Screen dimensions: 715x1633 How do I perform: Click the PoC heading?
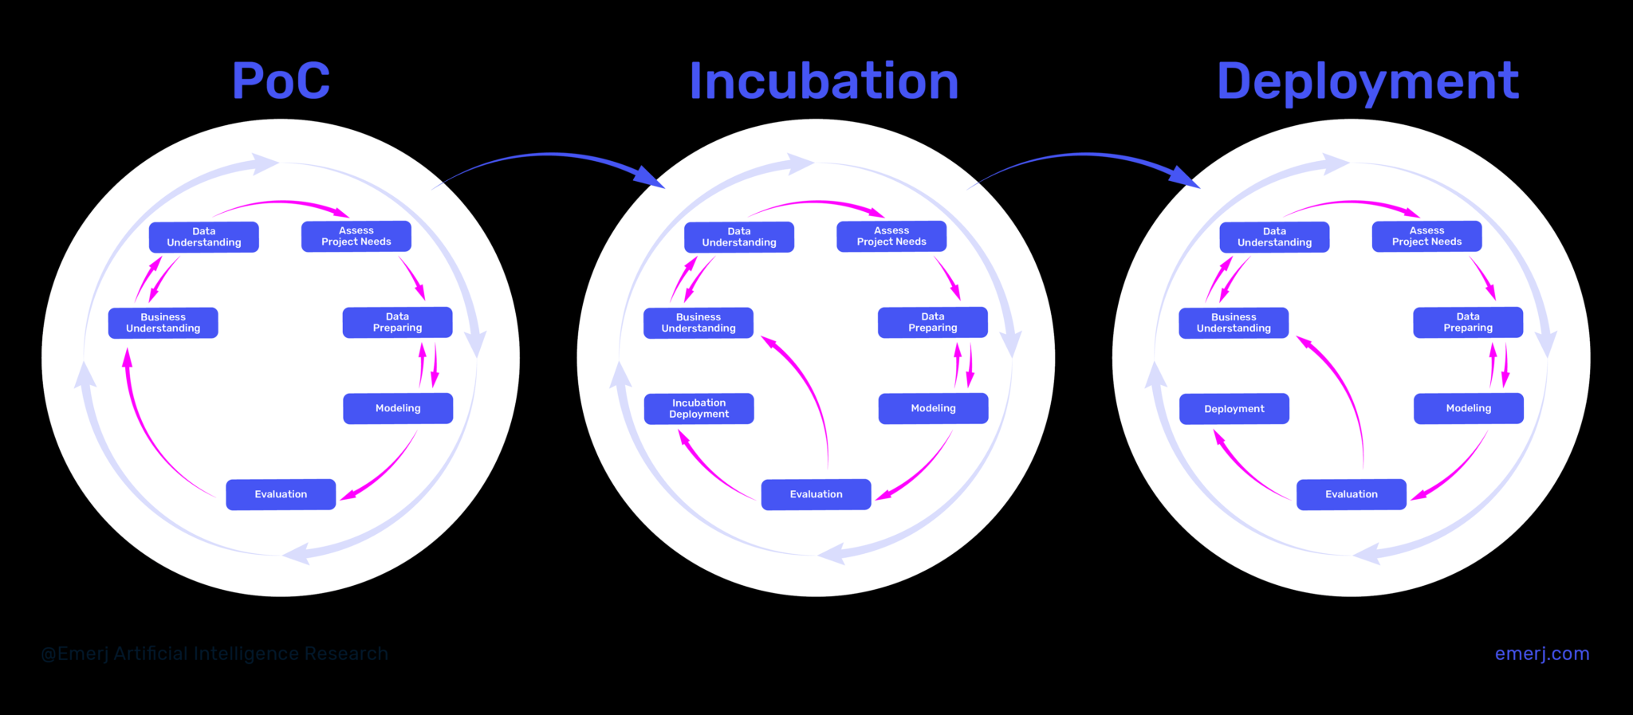(281, 81)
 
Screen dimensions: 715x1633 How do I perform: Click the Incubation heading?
(824, 81)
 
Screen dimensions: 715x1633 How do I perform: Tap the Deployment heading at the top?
(1367, 81)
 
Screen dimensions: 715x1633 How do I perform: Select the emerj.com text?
(1541, 654)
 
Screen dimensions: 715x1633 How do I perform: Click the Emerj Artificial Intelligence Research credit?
(214, 654)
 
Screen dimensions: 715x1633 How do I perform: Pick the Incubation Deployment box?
(698, 408)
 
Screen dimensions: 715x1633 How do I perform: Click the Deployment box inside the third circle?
(1234, 409)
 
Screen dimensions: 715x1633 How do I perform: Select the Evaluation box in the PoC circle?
(281, 494)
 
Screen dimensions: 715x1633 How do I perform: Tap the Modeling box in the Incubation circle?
(933, 408)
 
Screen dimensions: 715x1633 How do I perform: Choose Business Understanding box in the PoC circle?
(163, 323)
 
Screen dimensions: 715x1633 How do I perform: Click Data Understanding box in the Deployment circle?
(1274, 237)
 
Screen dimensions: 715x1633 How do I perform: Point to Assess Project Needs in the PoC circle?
(356, 236)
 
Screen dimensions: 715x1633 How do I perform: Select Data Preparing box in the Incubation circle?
(932, 322)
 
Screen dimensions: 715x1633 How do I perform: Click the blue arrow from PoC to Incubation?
(550, 156)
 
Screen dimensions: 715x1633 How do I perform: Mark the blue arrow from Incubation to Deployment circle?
(1086, 156)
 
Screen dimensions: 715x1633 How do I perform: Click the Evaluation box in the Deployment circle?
(1351, 494)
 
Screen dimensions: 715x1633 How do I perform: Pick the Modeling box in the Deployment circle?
(1468, 408)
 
